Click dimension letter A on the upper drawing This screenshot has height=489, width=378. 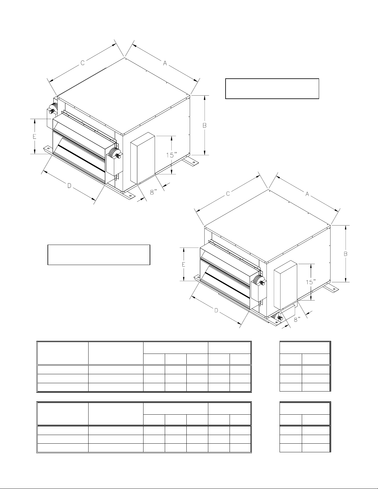coord(165,64)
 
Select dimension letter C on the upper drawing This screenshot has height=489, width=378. coord(83,63)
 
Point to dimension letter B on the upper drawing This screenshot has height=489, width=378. coord(205,126)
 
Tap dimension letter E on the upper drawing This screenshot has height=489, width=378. coord(35,136)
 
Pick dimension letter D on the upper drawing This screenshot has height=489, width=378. coord(69,186)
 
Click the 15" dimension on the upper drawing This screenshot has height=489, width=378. coord(172,155)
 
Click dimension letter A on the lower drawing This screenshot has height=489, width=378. coord(307,194)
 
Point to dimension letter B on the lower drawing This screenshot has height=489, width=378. coord(346,254)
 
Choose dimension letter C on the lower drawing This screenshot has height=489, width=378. coord(228,193)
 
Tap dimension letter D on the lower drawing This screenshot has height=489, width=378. coord(216,311)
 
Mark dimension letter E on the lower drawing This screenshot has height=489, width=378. coord(184,264)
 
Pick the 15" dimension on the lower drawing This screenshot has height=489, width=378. coord(311,282)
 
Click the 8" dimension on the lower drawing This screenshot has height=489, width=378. coord(297,319)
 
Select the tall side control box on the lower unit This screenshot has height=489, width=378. coord(285,285)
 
